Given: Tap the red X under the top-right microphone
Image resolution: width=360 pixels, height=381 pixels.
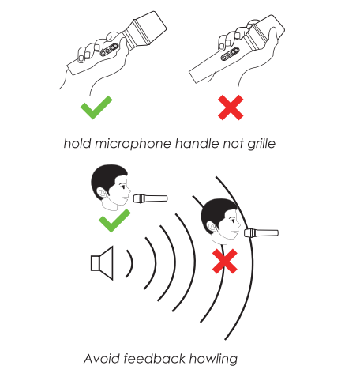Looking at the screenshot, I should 231,108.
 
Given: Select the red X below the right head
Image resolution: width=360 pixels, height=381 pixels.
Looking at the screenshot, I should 227,262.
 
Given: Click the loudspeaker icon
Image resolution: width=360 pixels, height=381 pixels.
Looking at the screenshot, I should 103,262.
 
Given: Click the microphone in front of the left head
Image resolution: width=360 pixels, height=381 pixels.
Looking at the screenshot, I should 150,198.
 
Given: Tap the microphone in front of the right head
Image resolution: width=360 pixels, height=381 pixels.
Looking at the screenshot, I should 261,232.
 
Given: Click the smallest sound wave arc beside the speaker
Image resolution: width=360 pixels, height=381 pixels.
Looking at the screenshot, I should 129,262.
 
